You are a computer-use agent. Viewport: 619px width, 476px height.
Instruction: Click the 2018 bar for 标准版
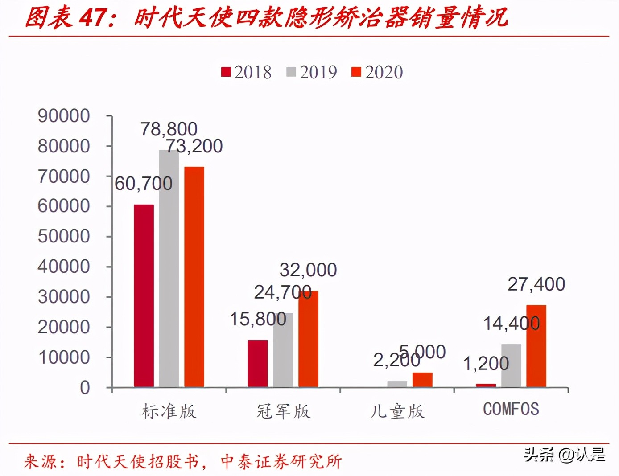144,295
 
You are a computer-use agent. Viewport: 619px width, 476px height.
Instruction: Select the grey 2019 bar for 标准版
169,268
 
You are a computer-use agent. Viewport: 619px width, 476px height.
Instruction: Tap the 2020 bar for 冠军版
308,339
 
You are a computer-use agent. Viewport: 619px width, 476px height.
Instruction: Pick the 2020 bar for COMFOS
536,346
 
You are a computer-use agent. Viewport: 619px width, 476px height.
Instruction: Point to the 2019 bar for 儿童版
397,384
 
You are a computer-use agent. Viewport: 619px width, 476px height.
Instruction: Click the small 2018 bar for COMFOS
486,385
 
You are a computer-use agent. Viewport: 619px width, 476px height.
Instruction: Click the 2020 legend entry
377,72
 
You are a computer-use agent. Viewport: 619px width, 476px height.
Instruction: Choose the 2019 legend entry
312,72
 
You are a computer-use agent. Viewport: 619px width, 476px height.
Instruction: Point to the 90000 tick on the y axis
64,116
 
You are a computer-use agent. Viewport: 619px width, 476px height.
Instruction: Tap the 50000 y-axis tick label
64,236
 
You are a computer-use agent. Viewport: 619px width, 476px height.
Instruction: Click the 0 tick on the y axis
85,388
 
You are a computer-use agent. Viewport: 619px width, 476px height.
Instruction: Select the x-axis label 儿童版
397,411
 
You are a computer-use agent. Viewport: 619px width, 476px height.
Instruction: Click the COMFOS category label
511,409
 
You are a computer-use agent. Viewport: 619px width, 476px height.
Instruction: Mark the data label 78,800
169,129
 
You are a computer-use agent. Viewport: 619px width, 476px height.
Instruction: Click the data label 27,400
536,284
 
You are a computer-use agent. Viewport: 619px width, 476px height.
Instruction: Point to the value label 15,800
258,319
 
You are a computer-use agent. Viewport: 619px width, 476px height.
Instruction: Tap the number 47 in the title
93,18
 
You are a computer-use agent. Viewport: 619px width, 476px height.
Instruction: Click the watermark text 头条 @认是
564,455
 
